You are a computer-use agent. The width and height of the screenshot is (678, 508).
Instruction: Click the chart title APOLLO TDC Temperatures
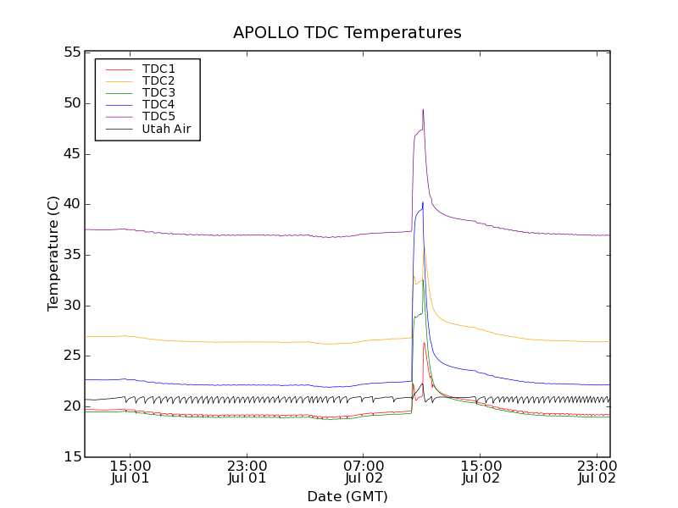pyautogui.click(x=347, y=32)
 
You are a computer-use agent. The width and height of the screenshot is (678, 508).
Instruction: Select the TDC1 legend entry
pyautogui.click(x=158, y=69)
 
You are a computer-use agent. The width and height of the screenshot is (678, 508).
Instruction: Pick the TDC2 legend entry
pyautogui.click(x=158, y=80)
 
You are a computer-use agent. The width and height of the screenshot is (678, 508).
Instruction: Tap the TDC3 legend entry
pyautogui.click(x=158, y=92)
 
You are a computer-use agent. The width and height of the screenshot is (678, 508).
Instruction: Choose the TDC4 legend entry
pyautogui.click(x=158, y=104)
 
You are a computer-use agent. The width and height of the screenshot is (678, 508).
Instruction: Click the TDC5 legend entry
pyautogui.click(x=158, y=116)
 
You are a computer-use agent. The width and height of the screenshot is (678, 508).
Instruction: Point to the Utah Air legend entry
pyautogui.click(x=166, y=129)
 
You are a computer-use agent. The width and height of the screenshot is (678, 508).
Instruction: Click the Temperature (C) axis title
pyautogui.click(x=53, y=254)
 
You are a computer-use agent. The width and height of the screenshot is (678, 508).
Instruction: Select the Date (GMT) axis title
pyautogui.click(x=347, y=496)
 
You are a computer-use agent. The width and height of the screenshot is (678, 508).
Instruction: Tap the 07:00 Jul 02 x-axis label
pyautogui.click(x=364, y=472)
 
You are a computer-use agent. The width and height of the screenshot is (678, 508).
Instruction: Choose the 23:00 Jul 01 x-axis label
pyautogui.click(x=247, y=472)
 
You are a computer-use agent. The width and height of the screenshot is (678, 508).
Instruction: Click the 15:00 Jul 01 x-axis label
pyautogui.click(x=131, y=472)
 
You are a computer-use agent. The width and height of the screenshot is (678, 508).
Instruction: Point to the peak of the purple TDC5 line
pyautogui.click(x=423, y=109)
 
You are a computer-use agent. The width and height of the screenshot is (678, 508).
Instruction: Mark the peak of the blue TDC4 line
pyautogui.click(x=422, y=202)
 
